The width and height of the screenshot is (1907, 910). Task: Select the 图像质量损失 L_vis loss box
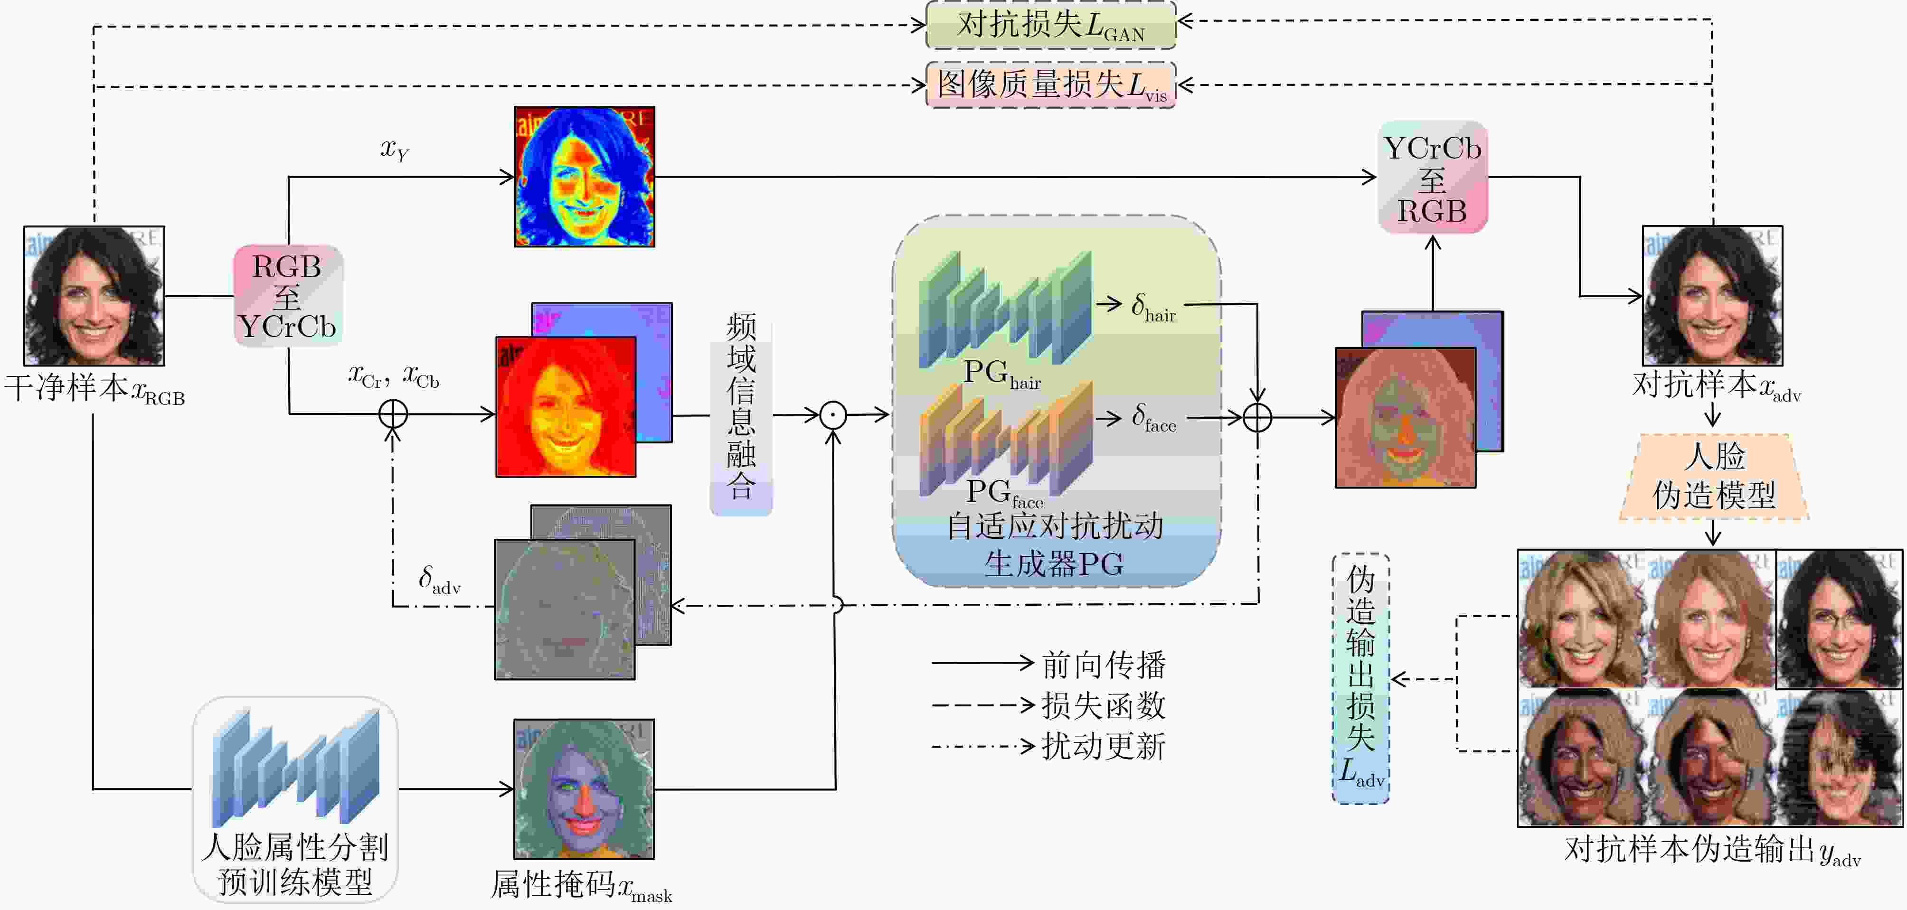pyautogui.click(x=1050, y=85)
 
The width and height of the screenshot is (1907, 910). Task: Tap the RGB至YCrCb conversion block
pyautogui.click(x=288, y=296)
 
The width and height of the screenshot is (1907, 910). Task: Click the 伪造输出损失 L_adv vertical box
pyautogui.click(x=1360, y=678)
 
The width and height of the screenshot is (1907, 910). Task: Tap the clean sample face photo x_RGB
pyautogui.click(x=94, y=296)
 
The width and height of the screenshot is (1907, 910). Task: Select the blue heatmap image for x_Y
pyautogui.click(x=584, y=177)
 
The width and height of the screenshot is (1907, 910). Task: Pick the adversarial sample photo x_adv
pyautogui.click(x=1712, y=296)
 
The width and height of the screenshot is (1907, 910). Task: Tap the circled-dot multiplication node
pyautogui.click(x=833, y=415)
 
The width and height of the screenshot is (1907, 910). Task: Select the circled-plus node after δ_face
pyautogui.click(x=1257, y=418)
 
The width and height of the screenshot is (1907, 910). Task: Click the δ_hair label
pyautogui.click(x=1153, y=307)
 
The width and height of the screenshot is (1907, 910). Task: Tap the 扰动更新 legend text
pyautogui.click(x=1103, y=746)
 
